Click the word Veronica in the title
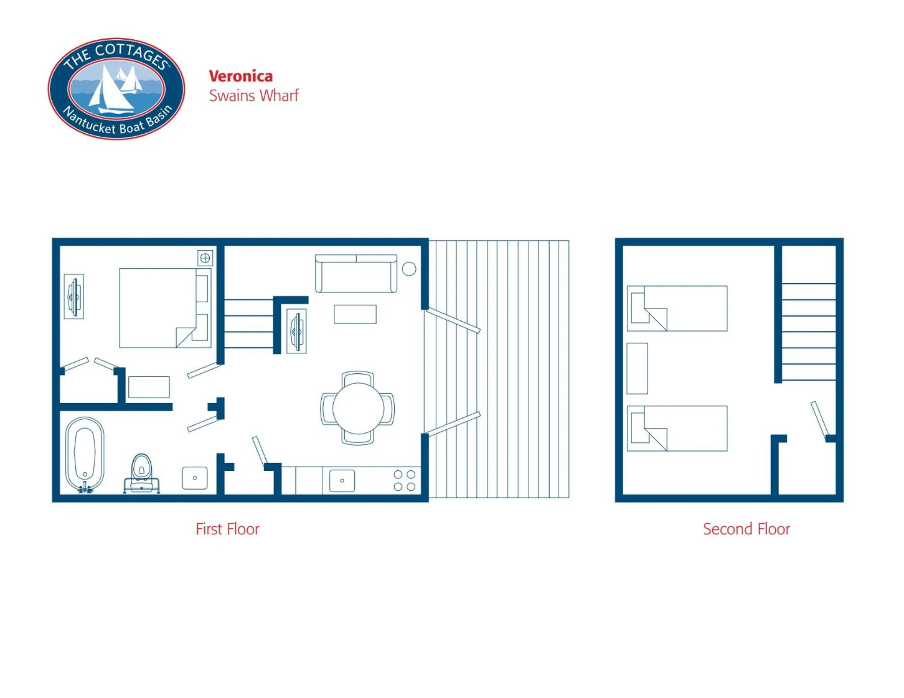tap(241, 76)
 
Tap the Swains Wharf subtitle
tap(254, 96)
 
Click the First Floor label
tap(227, 529)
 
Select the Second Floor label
tap(746, 529)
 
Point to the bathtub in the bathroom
tap(85, 453)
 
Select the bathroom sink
tap(195, 478)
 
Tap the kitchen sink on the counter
tap(342, 480)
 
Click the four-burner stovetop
tap(404, 480)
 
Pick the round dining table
tap(358, 408)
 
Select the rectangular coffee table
tap(355, 314)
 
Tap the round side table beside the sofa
tap(409, 269)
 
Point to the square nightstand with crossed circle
tap(205, 258)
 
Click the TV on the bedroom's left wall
tap(74, 296)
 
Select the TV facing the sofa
tap(297, 331)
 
